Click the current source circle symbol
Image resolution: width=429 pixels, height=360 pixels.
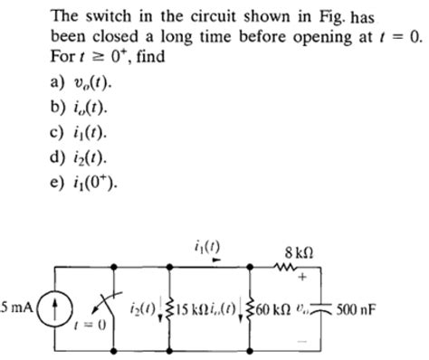coord(55,309)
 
